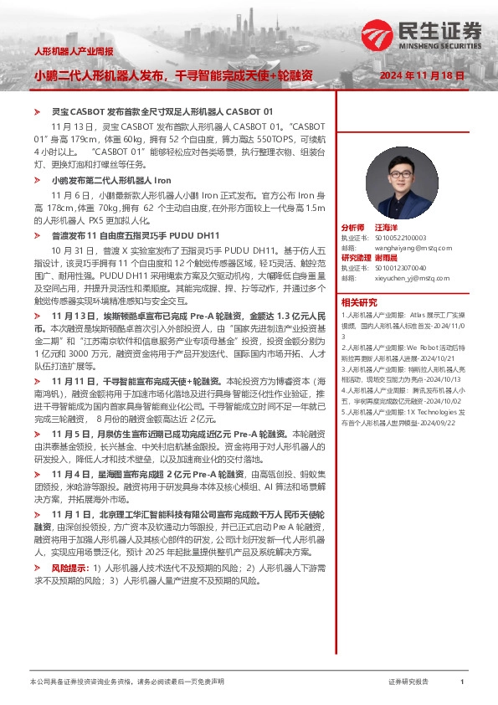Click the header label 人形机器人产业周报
(73, 52)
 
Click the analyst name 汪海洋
(387, 228)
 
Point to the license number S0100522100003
(397, 238)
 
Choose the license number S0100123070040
(397, 268)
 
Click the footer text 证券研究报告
(408, 682)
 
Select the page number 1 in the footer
(462, 682)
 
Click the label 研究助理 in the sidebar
(356, 258)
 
